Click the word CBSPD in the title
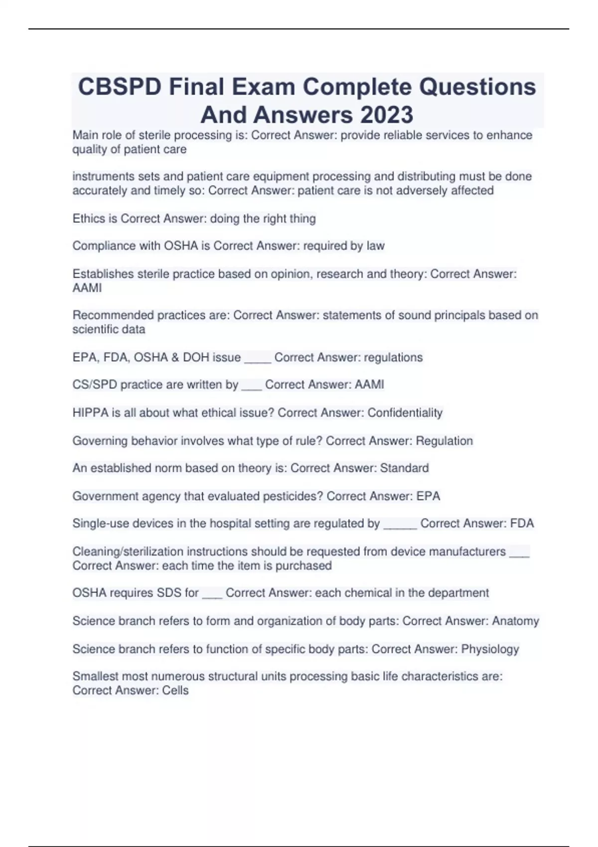(120, 87)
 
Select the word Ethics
(88, 219)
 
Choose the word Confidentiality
(405, 413)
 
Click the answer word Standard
(404, 468)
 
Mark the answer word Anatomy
(515, 621)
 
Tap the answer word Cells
(175, 691)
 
